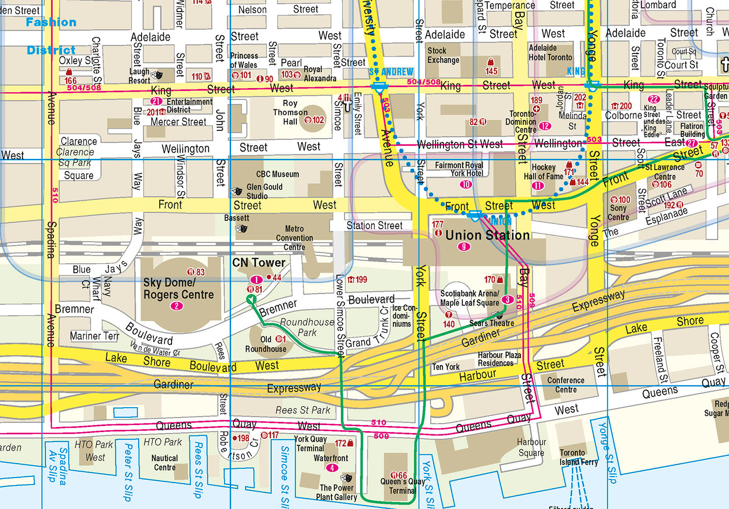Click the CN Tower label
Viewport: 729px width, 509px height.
coord(259,263)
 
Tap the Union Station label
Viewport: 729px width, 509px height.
coord(487,235)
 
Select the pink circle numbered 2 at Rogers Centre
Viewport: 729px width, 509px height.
coord(177,306)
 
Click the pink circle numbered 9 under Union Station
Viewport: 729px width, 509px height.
coord(463,247)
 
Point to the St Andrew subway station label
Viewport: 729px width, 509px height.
coord(391,72)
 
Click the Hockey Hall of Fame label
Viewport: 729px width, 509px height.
coord(543,172)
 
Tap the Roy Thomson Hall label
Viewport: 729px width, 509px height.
coord(290,112)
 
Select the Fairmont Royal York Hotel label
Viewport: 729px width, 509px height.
coord(459,169)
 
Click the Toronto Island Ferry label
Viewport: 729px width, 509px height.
coord(578,457)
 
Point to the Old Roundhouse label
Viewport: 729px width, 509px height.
coord(266,344)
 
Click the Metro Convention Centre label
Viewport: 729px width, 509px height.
coord(294,238)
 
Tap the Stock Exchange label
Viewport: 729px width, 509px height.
coord(443,55)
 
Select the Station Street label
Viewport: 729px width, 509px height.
coord(374,225)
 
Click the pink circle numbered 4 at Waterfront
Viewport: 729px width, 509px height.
coord(332,468)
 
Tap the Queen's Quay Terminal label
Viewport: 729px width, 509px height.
coord(402,486)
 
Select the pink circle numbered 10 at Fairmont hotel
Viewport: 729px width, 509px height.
coord(465,185)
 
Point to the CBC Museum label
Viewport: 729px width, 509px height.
coord(277,174)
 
